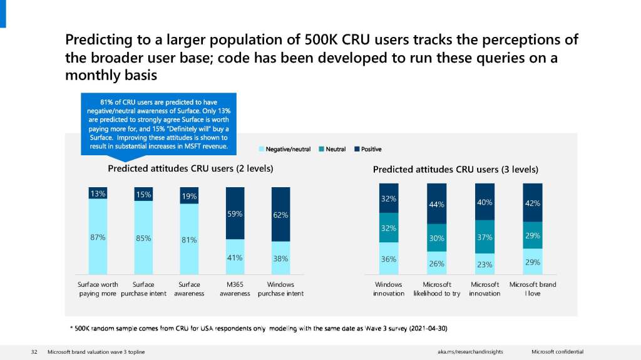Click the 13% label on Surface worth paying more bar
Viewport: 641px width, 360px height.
pos(98,193)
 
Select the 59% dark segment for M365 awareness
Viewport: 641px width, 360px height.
pos(235,213)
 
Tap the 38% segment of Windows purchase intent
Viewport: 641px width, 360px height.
pos(280,258)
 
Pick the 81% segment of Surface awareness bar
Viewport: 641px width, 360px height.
pos(189,239)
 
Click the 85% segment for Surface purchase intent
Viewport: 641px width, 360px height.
pos(143,238)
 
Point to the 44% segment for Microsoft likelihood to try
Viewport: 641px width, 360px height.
pos(436,204)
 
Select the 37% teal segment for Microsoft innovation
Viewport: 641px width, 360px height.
pos(485,237)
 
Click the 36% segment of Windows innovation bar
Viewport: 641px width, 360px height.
pos(389,259)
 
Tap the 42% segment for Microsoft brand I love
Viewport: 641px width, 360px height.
pos(533,203)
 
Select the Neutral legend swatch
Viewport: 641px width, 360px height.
pos(321,149)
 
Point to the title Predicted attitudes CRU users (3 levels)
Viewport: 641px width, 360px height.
pos(455,169)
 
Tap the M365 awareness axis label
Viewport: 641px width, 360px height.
pos(235,289)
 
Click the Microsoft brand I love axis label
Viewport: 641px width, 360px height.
pos(533,289)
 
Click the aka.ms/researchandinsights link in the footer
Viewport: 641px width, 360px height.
pos(470,352)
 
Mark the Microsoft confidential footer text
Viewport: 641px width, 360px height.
pos(557,352)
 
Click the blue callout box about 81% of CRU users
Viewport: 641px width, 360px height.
pos(158,123)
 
